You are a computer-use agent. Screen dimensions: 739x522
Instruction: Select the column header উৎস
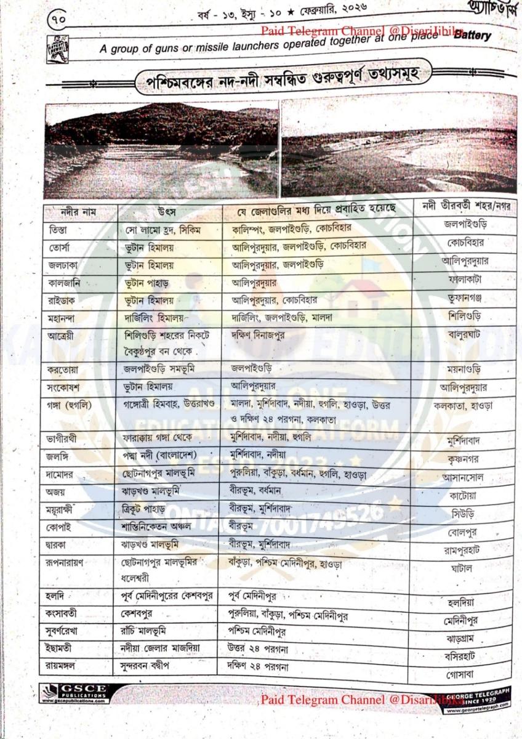167,212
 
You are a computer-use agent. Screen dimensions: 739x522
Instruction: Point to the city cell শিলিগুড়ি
465,316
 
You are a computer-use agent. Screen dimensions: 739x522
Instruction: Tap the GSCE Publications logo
74,693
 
